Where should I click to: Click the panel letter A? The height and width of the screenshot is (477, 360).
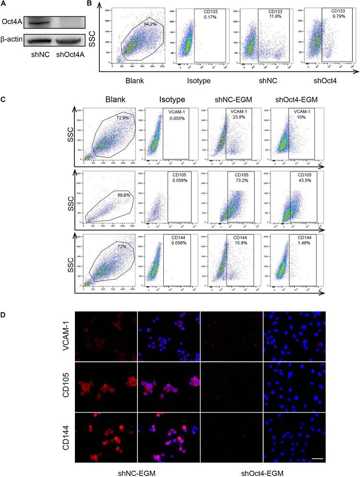(4, 4)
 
